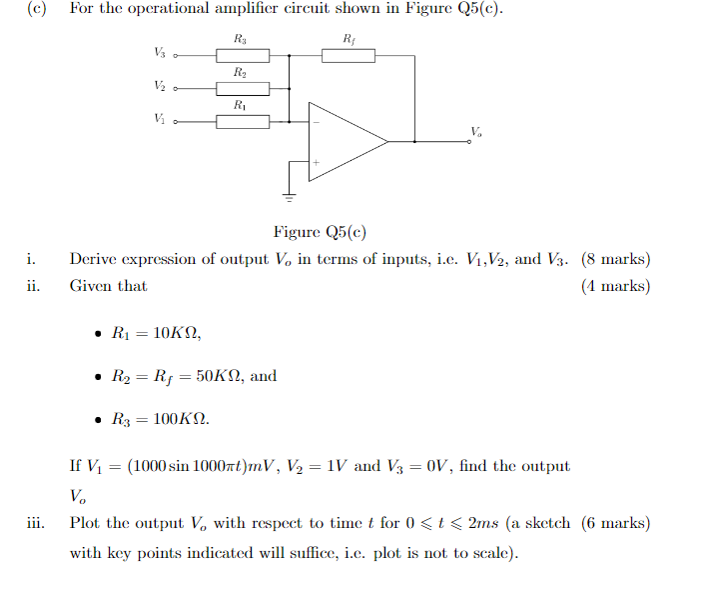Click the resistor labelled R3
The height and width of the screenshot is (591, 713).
(243, 54)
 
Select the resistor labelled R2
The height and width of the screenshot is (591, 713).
(243, 88)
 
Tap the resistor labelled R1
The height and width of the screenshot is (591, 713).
(243, 121)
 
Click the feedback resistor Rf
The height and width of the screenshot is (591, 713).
(348, 54)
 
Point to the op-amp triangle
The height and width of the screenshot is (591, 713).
(345, 142)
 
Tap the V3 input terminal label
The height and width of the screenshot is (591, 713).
(160, 52)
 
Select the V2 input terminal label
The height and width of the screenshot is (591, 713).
(160, 86)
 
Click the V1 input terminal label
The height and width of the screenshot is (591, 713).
(160, 119)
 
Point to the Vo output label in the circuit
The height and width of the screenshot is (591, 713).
(475, 131)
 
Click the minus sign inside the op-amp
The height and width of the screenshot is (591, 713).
(316, 122)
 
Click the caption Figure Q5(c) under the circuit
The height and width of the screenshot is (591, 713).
(320, 232)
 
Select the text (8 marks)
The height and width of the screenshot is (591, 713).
(615, 260)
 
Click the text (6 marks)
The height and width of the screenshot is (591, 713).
(615, 523)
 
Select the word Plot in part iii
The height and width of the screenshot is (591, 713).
(85, 523)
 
